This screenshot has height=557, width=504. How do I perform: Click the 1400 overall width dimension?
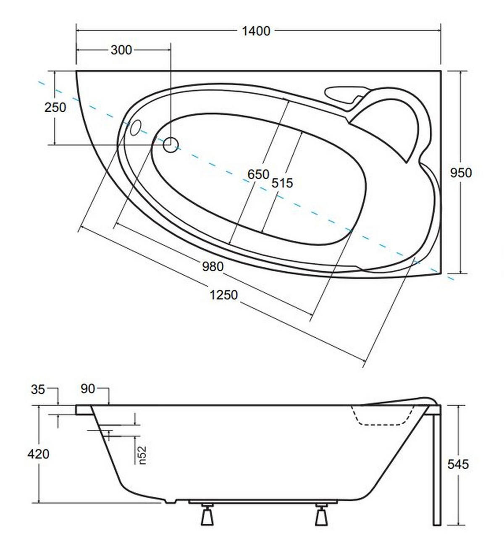click(256, 31)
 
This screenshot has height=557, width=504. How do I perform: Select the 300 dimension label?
click(121, 50)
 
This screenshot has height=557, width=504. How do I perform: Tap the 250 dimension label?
click(55, 108)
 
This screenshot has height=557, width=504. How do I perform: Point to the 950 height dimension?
click(461, 173)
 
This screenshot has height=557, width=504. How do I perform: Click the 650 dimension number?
click(259, 175)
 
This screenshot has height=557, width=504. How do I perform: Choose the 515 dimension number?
click(282, 183)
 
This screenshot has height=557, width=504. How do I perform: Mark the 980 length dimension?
click(213, 267)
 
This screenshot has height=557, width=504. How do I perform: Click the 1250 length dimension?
click(224, 295)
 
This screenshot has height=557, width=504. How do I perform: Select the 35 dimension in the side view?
click(38, 389)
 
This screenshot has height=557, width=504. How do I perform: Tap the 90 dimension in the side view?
click(88, 389)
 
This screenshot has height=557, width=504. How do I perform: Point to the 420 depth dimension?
click(38, 454)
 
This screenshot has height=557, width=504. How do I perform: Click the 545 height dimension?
click(458, 464)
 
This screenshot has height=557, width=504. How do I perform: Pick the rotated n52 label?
click(142, 455)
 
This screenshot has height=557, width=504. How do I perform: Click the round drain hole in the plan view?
click(171, 145)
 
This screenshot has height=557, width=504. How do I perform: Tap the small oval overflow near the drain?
click(136, 128)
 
